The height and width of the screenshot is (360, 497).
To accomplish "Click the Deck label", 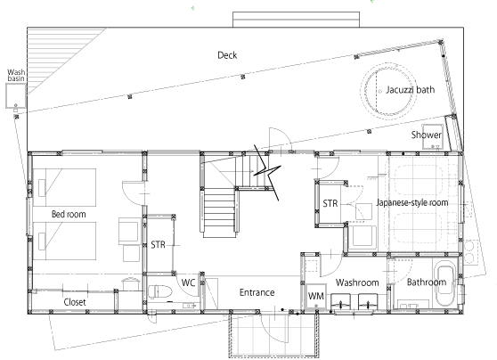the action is (x=227, y=55).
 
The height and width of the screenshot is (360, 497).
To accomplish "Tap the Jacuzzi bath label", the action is (x=410, y=90).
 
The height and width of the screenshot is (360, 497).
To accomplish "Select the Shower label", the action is (x=427, y=135).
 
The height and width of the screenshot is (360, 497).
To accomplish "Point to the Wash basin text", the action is (x=16, y=75).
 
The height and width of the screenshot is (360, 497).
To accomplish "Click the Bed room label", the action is (x=69, y=214).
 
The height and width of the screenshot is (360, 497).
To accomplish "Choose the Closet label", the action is (x=75, y=302).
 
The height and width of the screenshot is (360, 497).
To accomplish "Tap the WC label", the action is (x=188, y=282).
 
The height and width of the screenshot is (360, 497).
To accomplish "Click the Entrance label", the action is (x=257, y=292).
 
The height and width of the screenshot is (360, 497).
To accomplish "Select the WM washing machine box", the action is (x=316, y=296).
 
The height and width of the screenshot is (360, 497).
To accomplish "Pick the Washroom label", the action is (x=357, y=282).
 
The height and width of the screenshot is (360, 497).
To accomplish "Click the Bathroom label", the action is (x=427, y=282).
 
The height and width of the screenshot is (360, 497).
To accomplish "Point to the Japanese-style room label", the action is (x=412, y=202).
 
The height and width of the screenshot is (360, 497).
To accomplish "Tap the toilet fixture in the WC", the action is (x=160, y=291).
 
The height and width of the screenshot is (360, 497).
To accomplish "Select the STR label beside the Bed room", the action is (x=158, y=244).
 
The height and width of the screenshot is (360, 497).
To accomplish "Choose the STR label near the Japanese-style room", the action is (x=330, y=203).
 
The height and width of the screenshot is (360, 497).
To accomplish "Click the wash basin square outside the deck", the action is (x=15, y=95).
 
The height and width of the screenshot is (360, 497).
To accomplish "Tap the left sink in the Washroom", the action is (x=341, y=302).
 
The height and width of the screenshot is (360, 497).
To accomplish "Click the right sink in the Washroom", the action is (x=368, y=302).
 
